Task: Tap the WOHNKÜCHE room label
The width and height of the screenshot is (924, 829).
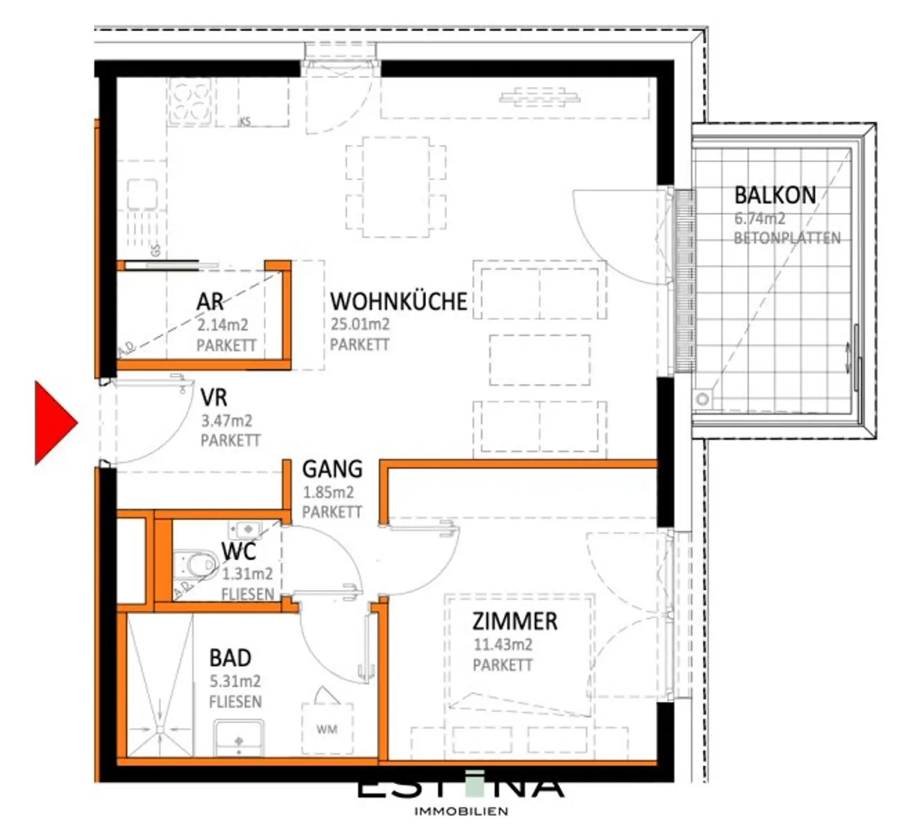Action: click(398, 301)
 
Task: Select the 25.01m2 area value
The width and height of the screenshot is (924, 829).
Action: click(360, 324)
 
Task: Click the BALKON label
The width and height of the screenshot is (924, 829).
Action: click(775, 196)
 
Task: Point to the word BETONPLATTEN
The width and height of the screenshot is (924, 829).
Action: click(787, 238)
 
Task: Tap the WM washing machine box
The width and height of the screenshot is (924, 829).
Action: click(327, 729)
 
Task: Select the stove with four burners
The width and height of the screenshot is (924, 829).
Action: click(189, 101)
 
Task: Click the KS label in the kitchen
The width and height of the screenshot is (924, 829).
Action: click(245, 122)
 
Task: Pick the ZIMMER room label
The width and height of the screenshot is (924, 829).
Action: click(514, 621)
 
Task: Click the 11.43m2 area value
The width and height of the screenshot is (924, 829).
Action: click(502, 645)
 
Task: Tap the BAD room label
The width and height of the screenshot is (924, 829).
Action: click(230, 658)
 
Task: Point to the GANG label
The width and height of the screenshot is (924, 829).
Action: click(332, 469)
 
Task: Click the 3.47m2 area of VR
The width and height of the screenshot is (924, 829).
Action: click(226, 421)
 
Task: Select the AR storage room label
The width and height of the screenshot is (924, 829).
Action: click(210, 301)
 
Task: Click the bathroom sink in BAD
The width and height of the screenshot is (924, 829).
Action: click(239, 739)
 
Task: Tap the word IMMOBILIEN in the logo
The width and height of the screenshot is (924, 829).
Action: click(461, 812)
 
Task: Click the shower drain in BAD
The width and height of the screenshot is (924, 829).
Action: click(160, 729)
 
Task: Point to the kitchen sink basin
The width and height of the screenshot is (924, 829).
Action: click(143, 194)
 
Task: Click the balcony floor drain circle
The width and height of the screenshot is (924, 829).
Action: click(703, 399)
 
